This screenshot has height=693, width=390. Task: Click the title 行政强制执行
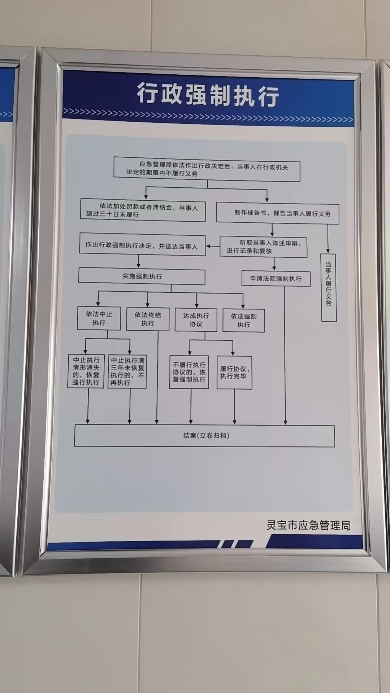click(x=208, y=95)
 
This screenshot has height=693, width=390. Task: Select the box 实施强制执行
click(x=142, y=277)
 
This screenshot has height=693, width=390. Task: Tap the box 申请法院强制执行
click(x=276, y=279)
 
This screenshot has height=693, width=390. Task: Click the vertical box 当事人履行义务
click(x=329, y=287)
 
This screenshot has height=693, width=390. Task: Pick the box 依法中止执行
click(x=99, y=318)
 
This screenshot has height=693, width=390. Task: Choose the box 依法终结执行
click(x=148, y=319)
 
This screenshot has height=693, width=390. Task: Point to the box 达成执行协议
click(x=196, y=320)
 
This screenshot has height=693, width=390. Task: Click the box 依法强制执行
click(x=244, y=321)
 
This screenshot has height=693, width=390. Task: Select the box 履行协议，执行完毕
click(x=234, y=373)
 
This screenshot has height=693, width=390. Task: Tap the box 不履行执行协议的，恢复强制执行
click(x=189, y=372)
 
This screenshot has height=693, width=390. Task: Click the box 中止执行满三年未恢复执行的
click(x=127, y=371)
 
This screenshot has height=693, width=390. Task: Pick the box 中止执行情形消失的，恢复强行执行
click(x=86, y=371)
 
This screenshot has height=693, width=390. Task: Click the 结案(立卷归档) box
click(x=205, y=436)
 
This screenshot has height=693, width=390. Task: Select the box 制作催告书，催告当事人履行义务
click(x=277, y=213)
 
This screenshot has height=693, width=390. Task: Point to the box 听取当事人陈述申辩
click(x=264, y=247)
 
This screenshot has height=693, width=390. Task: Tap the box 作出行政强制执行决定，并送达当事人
click(x=142, y=245)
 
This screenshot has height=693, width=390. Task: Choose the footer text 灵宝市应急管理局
click(x=308, y=525)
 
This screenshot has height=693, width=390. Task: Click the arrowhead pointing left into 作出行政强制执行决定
click(x=208, y=247)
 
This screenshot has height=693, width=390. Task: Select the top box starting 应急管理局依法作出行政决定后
click(x=207, y=169)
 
